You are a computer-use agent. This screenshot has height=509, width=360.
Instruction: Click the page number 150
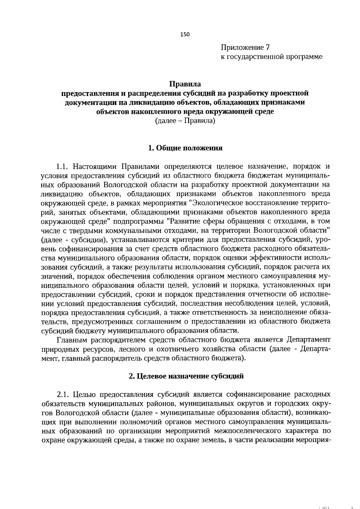185,34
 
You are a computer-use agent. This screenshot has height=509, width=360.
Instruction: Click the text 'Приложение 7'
245,47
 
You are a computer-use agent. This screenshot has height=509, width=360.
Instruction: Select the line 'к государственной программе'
271,57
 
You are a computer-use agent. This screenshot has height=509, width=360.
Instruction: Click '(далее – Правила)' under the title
185,121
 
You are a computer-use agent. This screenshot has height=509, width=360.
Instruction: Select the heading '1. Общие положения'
185,148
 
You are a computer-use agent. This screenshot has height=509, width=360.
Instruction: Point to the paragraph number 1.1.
63,166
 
